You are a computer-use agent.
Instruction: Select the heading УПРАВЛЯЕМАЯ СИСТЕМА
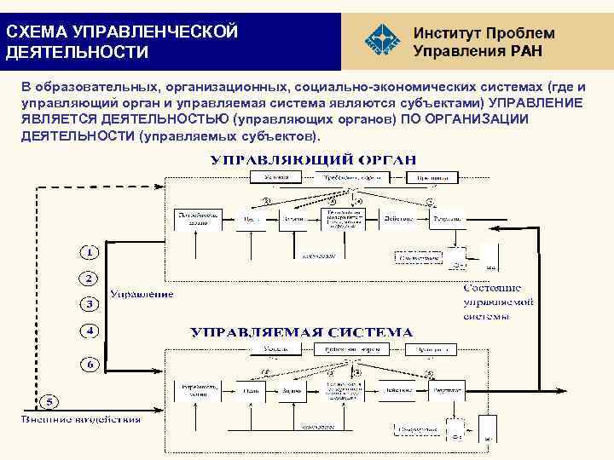(301, 332)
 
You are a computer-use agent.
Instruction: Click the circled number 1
(89, 253)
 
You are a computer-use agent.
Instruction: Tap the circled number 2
(89, 279)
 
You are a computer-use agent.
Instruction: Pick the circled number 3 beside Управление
(89, 303)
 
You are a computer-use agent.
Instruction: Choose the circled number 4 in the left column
(89, 330)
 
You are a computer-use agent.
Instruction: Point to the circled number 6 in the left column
(89, 364)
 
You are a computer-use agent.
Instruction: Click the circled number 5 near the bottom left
(51, 401)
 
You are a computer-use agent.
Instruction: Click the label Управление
(141, 294)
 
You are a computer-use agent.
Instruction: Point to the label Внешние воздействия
(81, 418)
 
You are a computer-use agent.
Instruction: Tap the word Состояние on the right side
(497, 288)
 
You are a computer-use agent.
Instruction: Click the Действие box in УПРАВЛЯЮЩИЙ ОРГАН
(397, 219)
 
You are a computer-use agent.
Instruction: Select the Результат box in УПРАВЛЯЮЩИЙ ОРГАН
(448, 219)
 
